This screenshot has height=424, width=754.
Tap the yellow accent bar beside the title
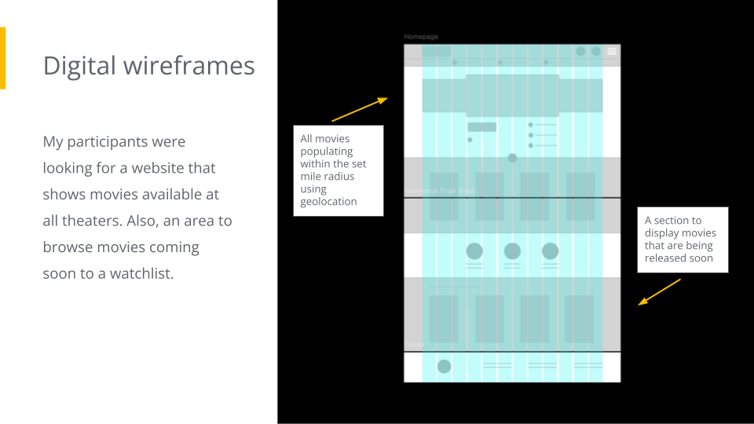point(2,58)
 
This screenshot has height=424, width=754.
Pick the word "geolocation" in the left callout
point(328,201)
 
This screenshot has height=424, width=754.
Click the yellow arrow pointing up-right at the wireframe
point(360,109)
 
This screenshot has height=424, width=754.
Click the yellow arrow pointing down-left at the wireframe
point(659,291)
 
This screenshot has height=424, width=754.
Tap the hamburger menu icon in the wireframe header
point(612,51)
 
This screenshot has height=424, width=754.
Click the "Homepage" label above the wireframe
point(421,37)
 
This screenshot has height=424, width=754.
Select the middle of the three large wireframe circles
point(512,251)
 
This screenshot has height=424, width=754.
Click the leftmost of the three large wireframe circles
point(474,251)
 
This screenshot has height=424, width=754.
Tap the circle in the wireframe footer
point(444,366)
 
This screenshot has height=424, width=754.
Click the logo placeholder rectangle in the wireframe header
point(437,52)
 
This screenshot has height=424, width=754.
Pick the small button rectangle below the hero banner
point(481,127)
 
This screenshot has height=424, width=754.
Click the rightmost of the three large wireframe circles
point(550,251)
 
